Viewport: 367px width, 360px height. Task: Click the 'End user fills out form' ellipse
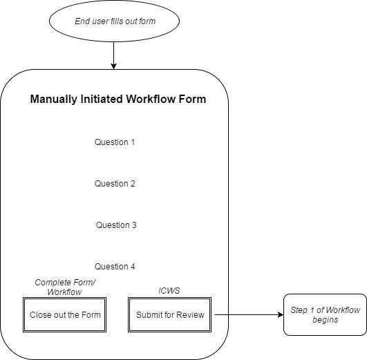click(x=115, y=21)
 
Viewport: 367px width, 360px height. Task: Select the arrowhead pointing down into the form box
click(x=115, y=66)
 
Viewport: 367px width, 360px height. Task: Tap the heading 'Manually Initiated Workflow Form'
click(x=118, y=100)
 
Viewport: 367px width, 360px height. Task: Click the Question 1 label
click(x=115, y=142)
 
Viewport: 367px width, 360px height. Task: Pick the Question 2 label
click(x=115, y=184)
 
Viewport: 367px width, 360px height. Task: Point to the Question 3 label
click(x=116, y=225)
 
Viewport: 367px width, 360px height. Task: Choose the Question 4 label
click(x=115, y=267)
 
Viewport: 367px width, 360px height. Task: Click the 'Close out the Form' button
click(x=66, y=315)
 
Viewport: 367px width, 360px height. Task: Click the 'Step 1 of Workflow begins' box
click(x=325, y=315)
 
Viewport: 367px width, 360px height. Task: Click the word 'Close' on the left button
click(x=41, y=315)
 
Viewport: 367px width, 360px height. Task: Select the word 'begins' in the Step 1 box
click(x=325, y=321)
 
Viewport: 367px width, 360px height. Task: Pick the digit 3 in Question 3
click(x=134, y=225)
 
